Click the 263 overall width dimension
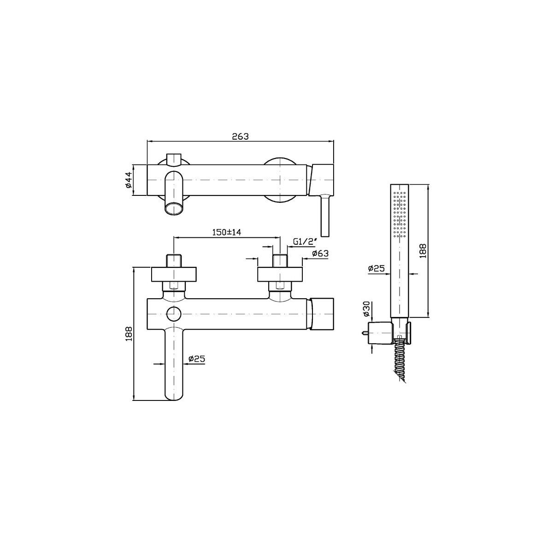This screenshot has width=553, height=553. (x=240, y=136)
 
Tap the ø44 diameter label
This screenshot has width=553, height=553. (x=128, y=180)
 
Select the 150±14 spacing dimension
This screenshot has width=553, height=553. (x=226, y=232)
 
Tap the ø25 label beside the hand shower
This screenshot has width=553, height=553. (x=376, y=269)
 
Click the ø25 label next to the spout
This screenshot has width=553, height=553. (x=197, y=359)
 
